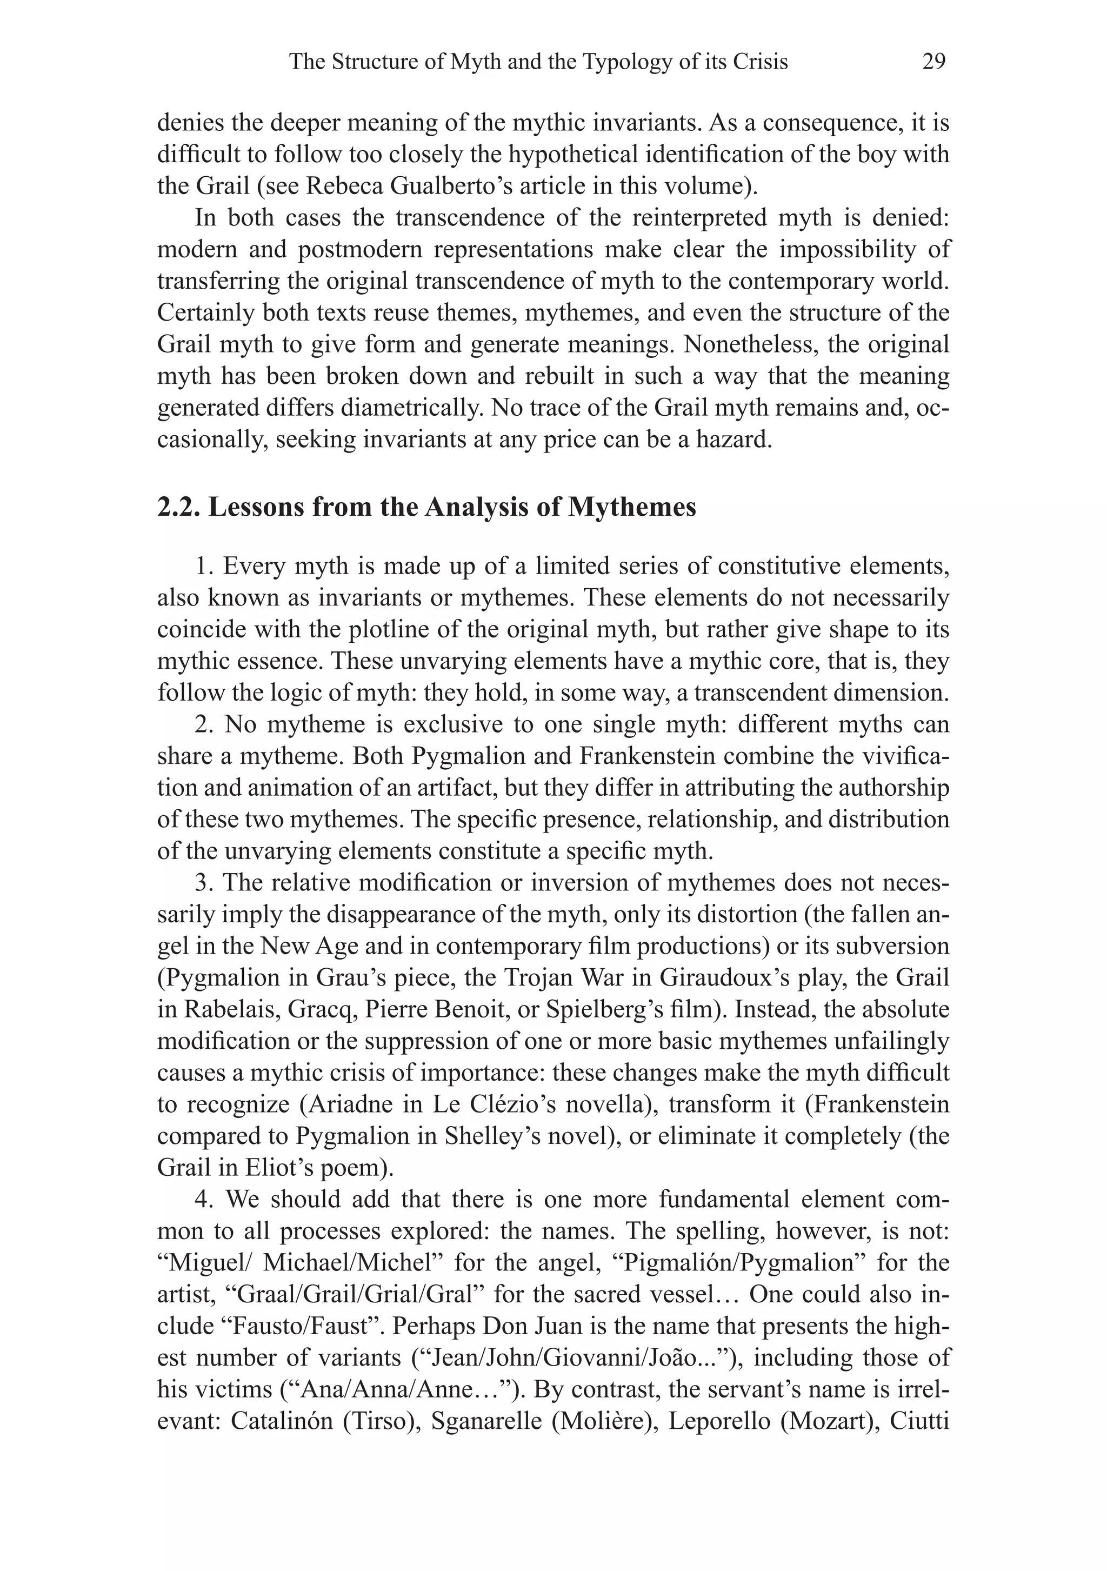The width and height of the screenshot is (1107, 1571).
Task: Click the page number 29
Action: pyautogui.click(x=933, y=62)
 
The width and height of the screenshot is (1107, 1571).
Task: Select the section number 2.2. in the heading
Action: pyautogui.click(x=179, y=508)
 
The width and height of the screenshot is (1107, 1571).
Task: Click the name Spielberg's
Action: pyautogui.click(x=686, y=1009)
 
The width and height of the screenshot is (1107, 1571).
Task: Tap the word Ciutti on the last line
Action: pyautogui.click(x=920, y=1421)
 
